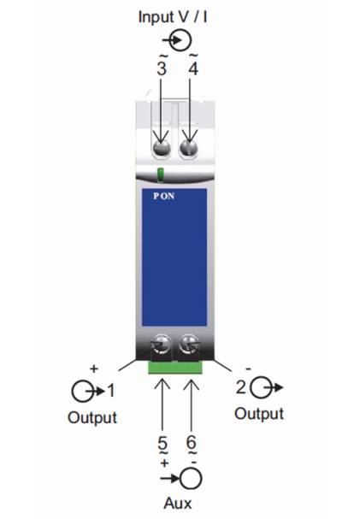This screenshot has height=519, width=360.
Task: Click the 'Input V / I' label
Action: coord(173,16)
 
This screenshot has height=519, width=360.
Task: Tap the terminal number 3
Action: coord(162,68)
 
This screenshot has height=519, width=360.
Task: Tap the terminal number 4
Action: coord(193,68)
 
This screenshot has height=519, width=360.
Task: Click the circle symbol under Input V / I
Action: coord(181,40)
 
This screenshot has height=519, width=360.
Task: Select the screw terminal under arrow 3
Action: coord(161,147)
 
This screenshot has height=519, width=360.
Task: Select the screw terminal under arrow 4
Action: coord(189,147)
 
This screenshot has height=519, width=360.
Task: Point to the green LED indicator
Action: coord(161,174)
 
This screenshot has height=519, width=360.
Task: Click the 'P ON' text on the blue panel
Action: coord(164,196)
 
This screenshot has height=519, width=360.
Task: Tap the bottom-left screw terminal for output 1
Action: coord(161,345)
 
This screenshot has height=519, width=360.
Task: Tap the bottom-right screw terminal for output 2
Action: coord(189,345)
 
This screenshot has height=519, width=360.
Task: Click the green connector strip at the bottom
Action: coord(175,368)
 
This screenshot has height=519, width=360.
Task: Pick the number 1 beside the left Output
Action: coord(111,390)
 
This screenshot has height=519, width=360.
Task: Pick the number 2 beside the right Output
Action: coord(241,386)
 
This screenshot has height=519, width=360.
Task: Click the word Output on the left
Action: coord(92,418)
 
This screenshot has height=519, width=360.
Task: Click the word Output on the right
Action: coord(259,414)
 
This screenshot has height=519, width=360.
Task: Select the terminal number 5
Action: coord(162,443)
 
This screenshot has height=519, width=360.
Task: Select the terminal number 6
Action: coord(192,443)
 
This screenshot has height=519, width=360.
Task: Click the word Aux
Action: coord(178,504)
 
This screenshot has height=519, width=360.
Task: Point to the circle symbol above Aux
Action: coord(192,478)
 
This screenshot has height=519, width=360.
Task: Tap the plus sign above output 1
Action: coord(94,369)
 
